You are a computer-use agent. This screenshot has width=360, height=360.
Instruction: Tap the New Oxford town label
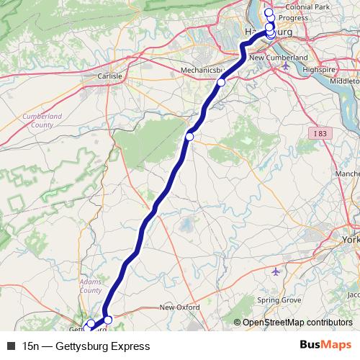click(179, 307)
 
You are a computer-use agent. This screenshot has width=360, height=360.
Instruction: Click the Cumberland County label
click(42, 120)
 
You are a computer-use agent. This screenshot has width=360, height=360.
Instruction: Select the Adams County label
click(90, 286)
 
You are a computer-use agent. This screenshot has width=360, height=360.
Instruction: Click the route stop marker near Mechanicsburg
click(221, 84)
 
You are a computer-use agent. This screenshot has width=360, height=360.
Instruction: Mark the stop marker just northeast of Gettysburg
click(108, 319)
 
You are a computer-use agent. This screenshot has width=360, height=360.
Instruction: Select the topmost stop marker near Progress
click(269, 13)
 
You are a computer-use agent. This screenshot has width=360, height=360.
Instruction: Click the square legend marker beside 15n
click(10, 346)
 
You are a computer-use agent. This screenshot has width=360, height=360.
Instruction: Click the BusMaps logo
click(325, 346)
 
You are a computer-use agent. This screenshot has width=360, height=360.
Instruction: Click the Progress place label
click(293, 17)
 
